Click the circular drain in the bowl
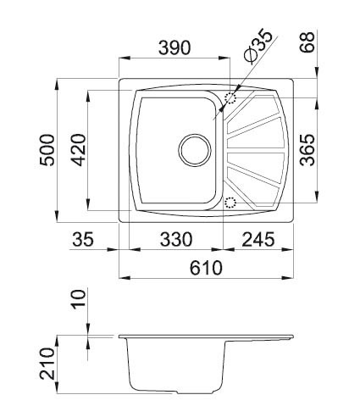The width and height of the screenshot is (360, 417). click(x=194, y=151)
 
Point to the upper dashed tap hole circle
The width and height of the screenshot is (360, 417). click(x=230, y=98)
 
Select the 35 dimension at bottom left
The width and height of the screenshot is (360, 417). click(x=82, y=240)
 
